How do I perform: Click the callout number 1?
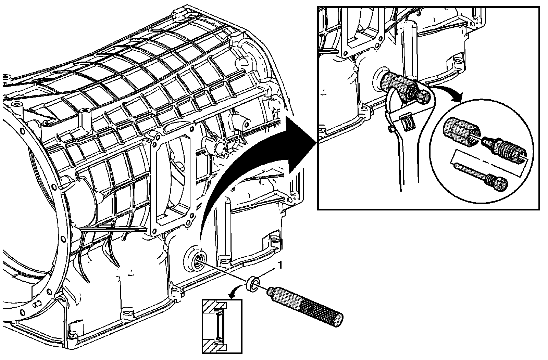[281, 264]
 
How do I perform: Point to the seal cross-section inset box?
[222, 326]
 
